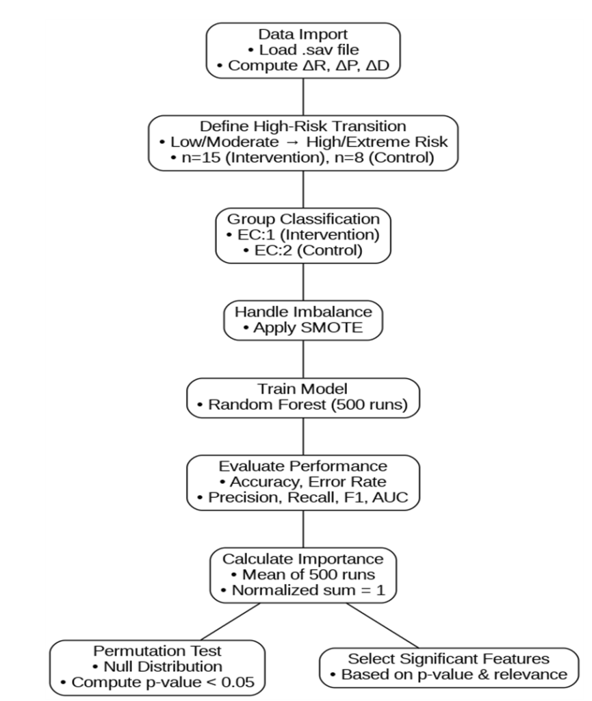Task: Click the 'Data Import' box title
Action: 303,34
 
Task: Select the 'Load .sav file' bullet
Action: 303,49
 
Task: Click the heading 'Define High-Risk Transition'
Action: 303,126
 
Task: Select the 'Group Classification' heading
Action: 303,219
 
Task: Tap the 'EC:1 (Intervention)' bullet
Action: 303,235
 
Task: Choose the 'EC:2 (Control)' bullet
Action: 303,250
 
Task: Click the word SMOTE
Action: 331,327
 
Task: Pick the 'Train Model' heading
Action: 303,389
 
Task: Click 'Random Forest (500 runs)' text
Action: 303,405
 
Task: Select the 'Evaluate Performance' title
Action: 303,466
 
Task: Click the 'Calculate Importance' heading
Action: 303,559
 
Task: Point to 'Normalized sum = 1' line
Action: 303,590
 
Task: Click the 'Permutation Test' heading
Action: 157,651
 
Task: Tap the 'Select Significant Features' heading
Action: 448,659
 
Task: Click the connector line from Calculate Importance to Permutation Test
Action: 230,622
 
